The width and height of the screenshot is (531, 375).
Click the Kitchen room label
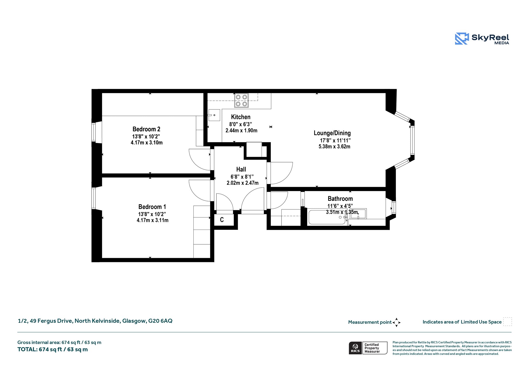click(241, 117)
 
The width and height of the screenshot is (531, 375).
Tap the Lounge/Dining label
click(332, 133)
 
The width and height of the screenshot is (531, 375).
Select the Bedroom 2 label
click(146, 129)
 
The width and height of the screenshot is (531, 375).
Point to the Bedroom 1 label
click(152, 207)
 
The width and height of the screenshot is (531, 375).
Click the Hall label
click(241, 169)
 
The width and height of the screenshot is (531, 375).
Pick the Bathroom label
click(340, 199)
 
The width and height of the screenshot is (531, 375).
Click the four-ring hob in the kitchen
click(241, 100)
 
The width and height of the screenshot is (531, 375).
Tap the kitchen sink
click(214, 115)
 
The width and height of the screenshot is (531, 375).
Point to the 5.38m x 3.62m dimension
click(334, 147)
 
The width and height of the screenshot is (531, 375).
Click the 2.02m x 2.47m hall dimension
click(242, 183)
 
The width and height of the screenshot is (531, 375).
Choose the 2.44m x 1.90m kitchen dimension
click(241, 131)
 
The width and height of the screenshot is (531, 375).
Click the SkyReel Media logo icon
click(462, 39)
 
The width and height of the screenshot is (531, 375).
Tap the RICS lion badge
click(355, 348)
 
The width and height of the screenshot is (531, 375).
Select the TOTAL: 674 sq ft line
click(53, 349)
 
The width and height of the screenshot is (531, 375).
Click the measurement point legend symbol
click(396, 322)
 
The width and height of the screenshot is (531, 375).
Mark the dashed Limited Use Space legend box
click(507, 322)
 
